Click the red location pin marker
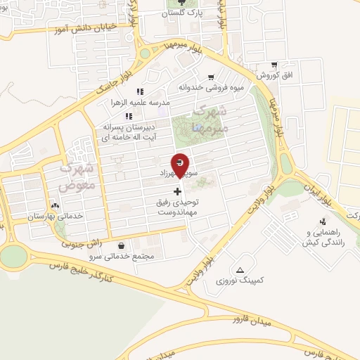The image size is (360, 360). coord(181,164)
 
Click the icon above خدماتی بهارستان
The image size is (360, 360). coord(55,205)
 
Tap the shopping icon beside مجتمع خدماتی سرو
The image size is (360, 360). coord(124,246)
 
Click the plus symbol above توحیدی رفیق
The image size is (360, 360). coord(177,191)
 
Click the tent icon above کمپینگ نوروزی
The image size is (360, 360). coord(240,269)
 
